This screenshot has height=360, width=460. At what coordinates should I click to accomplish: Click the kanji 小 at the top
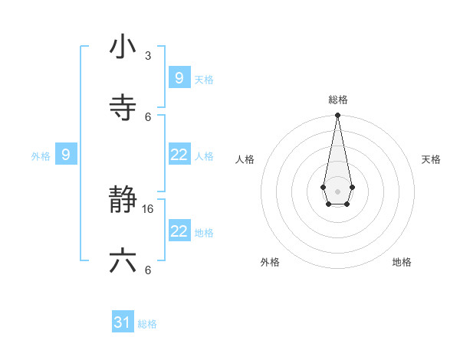tap(123, 47)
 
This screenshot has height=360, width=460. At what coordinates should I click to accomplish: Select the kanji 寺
tap(123, 107)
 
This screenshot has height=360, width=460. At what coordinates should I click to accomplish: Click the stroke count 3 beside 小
tap(148, 56)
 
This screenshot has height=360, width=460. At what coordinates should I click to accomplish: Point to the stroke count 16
tap(149, 208)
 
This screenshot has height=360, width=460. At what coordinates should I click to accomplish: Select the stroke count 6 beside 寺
tap(148, 116)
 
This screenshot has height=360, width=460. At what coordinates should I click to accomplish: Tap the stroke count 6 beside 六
tap(148, 270)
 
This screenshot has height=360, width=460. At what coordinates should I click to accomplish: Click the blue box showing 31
tap(123, 323)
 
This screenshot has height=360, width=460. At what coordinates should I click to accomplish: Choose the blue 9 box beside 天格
tap(179, 77)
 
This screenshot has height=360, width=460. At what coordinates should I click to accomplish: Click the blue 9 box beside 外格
tap(66, 155)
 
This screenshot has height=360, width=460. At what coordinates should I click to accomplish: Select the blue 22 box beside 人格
tap(179, 155)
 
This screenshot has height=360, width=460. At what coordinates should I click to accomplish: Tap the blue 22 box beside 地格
tap(179, 231)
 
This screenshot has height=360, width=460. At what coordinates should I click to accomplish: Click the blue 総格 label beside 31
tap(147, 324)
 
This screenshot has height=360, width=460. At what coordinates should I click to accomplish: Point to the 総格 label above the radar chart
tap(337, 100)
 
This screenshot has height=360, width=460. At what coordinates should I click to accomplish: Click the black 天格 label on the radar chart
tap(432, 159)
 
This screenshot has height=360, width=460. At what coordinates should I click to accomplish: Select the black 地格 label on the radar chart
tap(402, 262)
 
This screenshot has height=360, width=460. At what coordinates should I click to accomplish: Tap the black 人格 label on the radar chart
tap(245, 159)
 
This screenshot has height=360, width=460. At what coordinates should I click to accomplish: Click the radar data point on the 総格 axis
tap(337, 115)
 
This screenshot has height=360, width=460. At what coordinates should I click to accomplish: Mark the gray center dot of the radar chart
tap(337, 191)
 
